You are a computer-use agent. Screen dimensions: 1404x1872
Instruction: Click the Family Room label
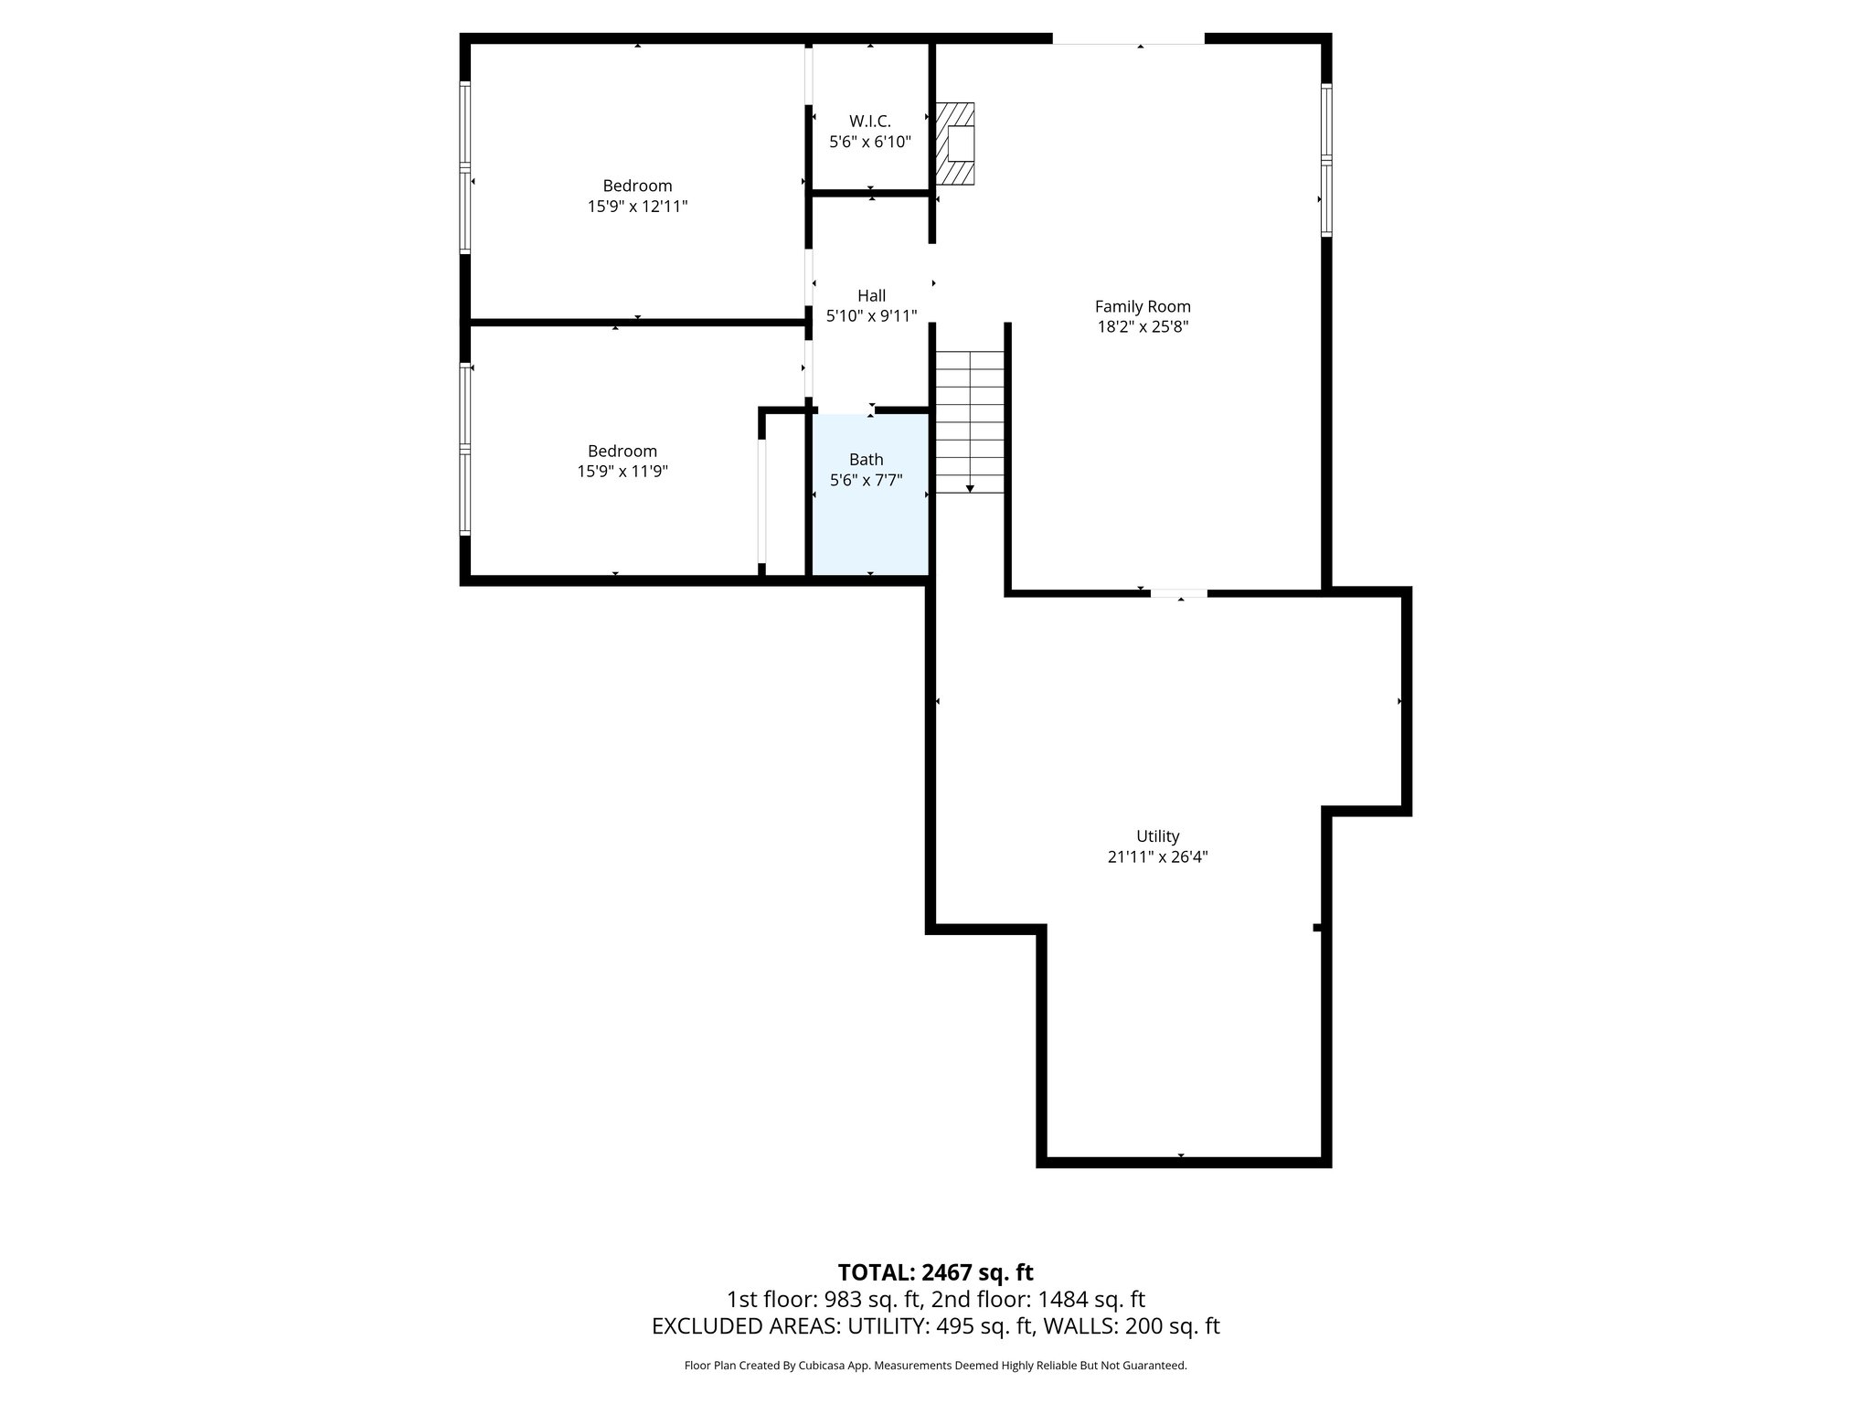pyautogui.click(x=1143, y=306)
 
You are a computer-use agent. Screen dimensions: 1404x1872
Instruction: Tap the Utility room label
pyautogui.click(x=1157, y=835)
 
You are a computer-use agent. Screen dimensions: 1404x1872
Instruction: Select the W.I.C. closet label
pyautogui.click(x=869, y=121)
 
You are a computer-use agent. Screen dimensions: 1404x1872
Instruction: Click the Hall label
pyautogui.click(x=871, y=295)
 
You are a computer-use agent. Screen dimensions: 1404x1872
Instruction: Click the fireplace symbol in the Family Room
pyautogui.click(x=955, y=144)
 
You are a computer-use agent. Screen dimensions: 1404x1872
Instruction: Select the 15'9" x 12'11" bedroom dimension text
pyautogui.click(x=637, y=207)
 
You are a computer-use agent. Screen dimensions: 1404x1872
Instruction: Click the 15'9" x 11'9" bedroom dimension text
pyautogui.click(x=622, y=472)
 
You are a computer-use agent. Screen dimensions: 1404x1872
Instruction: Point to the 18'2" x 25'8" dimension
pyautogui.click(x=1143, y=327)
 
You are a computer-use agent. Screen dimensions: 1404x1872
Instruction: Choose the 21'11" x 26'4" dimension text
pyautogui.click(x=1157, y=857)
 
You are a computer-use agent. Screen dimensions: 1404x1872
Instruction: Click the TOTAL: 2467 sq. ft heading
pyautogui.click(x=935, y=1272)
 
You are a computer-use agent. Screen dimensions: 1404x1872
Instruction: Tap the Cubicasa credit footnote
pyautogui.click(x=935, y=1366)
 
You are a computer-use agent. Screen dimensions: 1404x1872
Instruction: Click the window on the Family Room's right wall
pyautogui.click(x=1326, y=160)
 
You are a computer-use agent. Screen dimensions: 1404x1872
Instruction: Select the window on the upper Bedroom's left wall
pyautogui.click(x=465, y=167)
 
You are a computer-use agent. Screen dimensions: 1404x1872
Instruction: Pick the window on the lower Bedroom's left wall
pyautogui.click(x=465, y=449)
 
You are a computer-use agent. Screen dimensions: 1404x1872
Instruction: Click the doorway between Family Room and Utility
pyautogui.click(x=1178, y=593)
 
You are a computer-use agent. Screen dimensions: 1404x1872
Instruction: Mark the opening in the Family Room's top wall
pyautogui.click(x=1128, y=38)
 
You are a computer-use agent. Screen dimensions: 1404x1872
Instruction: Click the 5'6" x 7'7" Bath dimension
pyautogui.click(x=866, y=480)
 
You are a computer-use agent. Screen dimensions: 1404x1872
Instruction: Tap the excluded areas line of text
pyautogui.click(x=935, y=1326)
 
